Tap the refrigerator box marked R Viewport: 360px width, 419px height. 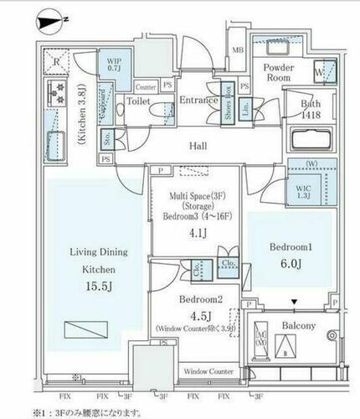coord(54,61)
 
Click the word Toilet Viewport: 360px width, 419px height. coord(137,101)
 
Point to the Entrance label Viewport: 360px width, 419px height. coord(198,101)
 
